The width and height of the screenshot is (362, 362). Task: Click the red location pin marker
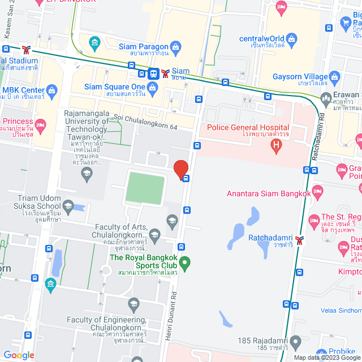pyautogui.click(x=180, y=169)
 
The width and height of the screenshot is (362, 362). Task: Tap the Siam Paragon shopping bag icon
pyautogui.click(x=175, y=46)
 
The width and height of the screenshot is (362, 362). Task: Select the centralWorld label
pyautogui.click(x=261, y=38)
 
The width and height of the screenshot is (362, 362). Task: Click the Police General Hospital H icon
pyautogui.click(x=276, y=146)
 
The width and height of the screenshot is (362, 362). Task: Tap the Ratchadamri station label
pyautogui.click(x=268, y=238)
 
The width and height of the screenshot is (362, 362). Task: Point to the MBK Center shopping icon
pyautogui.click(x=51, y=90)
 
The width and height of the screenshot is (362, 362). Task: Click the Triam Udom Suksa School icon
pyautogui.click(x=68, y=205)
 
